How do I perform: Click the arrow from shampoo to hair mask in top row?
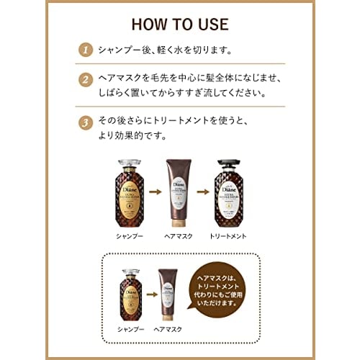(153, 193)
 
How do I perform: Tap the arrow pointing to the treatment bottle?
(204, 193)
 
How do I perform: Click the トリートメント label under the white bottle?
(229, 236)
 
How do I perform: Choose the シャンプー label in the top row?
(126, 236)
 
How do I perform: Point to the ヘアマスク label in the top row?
(179, 236)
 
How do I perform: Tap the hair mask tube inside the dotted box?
(171, 297)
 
